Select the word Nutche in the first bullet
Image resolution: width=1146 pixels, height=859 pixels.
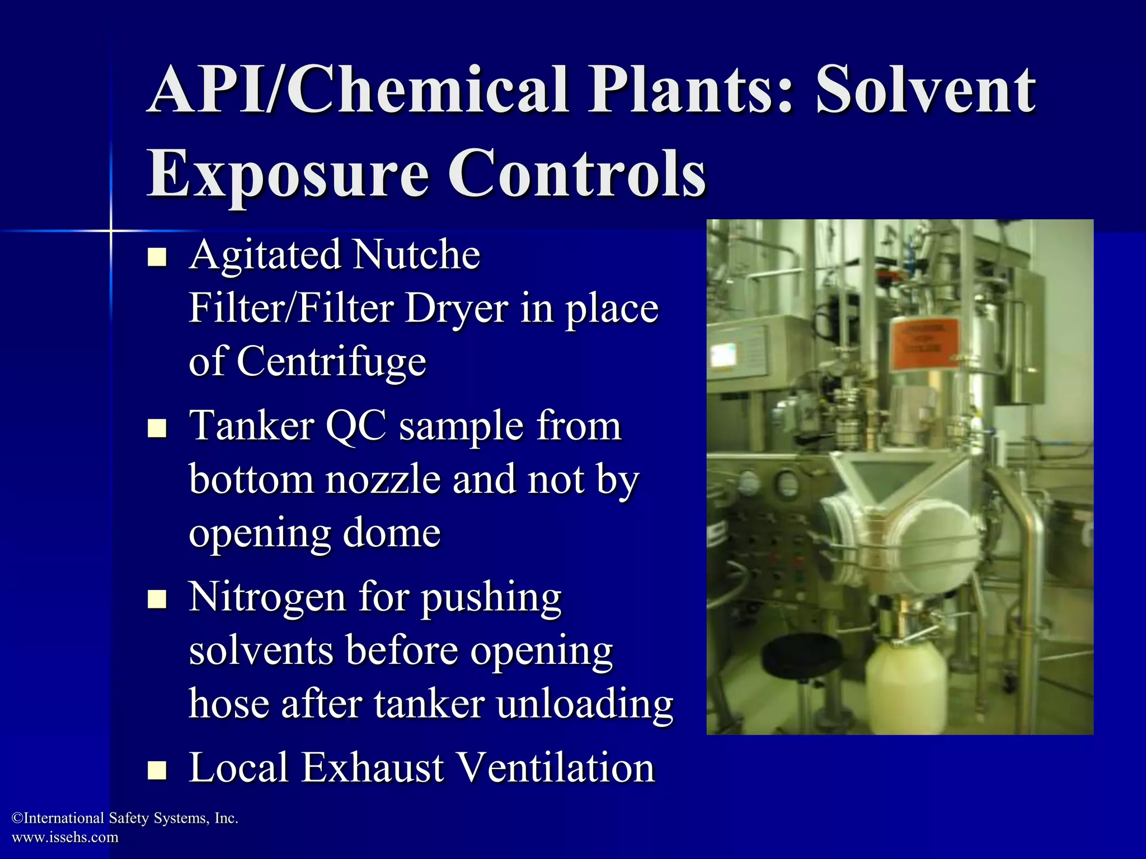(417, 255)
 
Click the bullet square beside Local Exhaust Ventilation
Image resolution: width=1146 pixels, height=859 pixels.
(157, 770)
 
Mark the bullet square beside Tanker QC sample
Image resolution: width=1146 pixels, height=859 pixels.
(157, 428)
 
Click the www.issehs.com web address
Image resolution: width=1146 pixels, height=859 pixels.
(65, 837)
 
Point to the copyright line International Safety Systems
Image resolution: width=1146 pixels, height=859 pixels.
(125, 818)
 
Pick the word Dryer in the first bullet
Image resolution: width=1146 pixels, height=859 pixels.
(455, 309)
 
